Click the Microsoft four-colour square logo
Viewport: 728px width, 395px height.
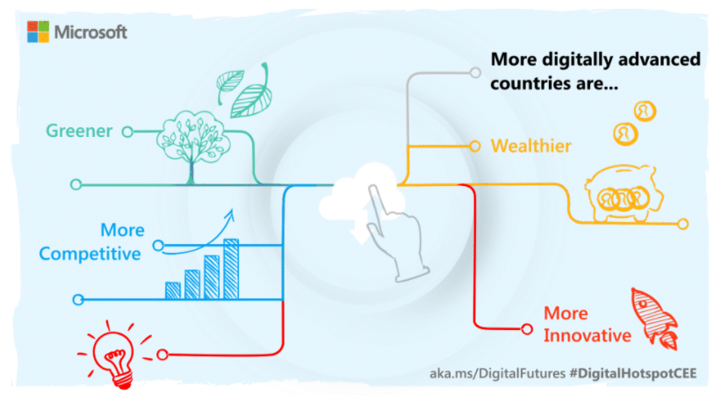38,32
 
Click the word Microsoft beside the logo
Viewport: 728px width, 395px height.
90,32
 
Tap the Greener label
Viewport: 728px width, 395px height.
79,131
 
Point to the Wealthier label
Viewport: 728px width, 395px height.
531,147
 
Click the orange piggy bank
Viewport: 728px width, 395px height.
624,194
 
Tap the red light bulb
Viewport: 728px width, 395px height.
114,355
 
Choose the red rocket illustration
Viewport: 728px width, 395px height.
654,319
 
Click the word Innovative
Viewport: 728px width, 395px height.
587,335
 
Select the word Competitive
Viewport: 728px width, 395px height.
90,254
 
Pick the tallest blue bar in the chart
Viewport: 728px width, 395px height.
231,269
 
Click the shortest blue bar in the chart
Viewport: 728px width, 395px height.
173,291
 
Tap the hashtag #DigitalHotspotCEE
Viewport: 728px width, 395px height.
633,373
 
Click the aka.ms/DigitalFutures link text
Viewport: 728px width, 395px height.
497,373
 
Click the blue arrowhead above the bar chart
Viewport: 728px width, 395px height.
229,214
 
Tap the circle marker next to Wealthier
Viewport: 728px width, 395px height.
474,147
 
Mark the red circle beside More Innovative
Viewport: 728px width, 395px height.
527,329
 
